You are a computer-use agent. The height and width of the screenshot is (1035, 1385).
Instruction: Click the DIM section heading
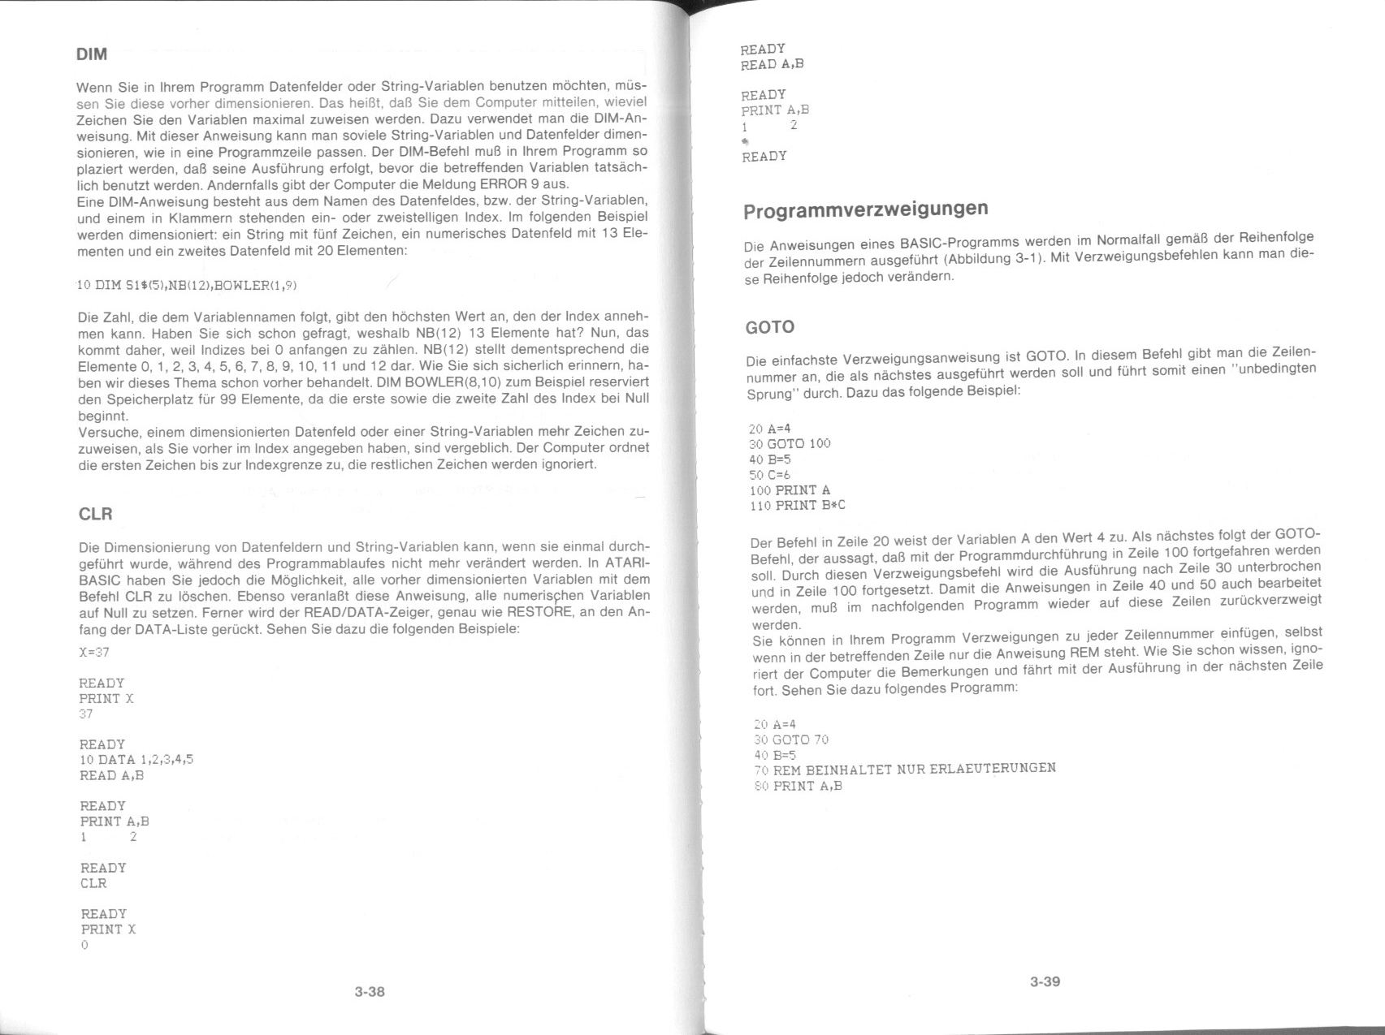coord(91,55)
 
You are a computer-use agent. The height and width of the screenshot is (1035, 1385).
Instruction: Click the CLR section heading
coord(95,514)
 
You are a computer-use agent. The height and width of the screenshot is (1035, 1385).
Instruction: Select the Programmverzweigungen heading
coord(866,209)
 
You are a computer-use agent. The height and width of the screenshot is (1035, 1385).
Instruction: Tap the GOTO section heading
coord(769,327)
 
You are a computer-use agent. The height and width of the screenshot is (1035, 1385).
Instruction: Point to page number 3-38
coord(370,991)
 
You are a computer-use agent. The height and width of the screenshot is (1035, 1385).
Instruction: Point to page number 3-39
coord(1045,981)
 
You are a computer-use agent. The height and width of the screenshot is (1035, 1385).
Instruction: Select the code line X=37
coord(93,652)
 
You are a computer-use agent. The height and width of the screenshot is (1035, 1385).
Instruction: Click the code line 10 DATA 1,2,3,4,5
coord(136,760)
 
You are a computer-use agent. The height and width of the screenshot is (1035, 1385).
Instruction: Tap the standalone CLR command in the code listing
coord(93,883)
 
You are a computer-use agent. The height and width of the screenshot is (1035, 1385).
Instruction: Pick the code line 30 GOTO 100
coord(790,444)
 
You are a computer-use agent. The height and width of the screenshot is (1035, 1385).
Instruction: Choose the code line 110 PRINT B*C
coord(798,506)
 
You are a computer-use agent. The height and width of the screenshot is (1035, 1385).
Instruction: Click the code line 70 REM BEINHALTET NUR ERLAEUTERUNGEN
coord(905,768)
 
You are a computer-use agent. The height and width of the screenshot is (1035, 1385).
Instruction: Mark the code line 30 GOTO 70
coord(791,740)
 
